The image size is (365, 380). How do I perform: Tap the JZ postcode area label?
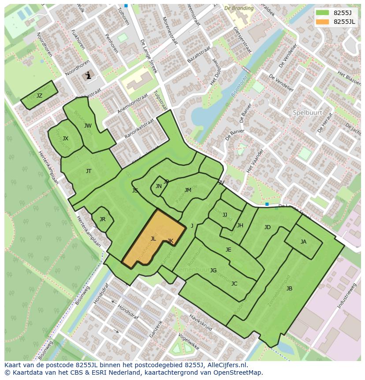[x=39, y=96]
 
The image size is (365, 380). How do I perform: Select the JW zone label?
[x=88, y=126]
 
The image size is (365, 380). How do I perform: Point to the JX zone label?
[x=65, y=139]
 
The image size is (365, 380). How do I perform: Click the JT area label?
[x=89, y=171]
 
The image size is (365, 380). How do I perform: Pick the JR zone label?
[x=102, y=219]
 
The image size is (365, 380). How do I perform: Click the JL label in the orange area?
[x=153, y=239]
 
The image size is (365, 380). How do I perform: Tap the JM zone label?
[x=188, y=190]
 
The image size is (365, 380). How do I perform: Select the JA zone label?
[x=303, y=242]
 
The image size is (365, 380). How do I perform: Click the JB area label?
[x=289, y=289]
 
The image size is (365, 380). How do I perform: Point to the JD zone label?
[x=267, y=227]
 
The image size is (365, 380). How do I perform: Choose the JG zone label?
[x=213, y=271]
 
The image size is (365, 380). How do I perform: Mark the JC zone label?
[x=234, y=284]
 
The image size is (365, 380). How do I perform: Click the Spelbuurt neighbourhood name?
[x=308, y=113]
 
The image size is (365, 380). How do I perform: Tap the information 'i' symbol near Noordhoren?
[x=88, y=75]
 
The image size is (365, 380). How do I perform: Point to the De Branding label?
[x=239, y=8]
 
